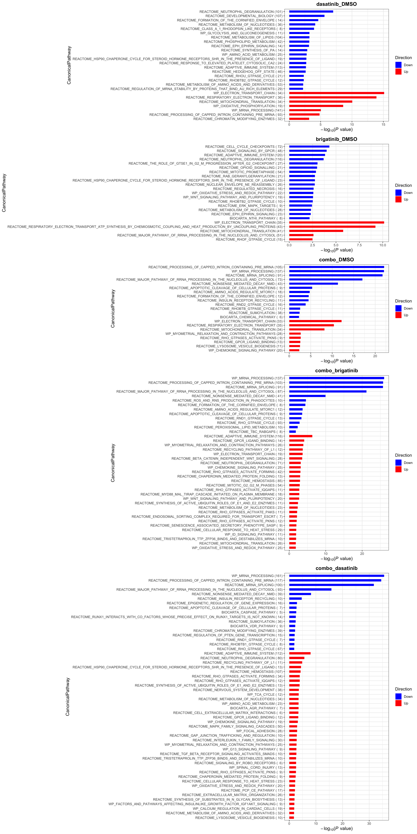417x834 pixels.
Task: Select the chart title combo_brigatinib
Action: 336,371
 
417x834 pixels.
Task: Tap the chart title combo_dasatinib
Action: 336,568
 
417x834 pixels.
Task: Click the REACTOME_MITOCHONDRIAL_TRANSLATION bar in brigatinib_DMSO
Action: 316,231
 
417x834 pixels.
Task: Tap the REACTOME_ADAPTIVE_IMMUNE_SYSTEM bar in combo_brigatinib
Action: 300,436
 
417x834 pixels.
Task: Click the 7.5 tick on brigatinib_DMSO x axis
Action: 359,245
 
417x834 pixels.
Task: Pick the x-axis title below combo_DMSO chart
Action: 336,361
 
